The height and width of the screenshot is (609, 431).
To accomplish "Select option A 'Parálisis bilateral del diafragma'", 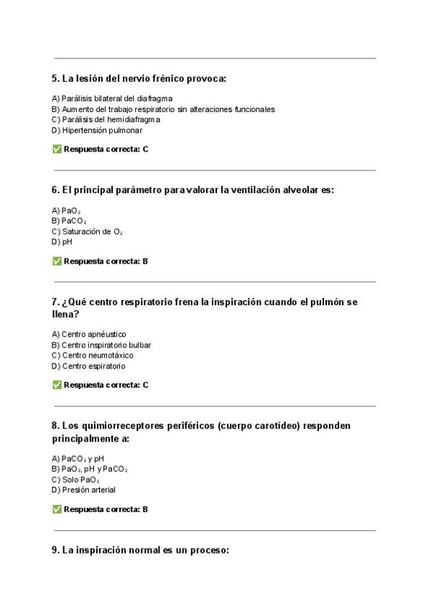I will [x=112, y=98].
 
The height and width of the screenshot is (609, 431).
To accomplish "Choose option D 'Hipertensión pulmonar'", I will [x=97, y=130].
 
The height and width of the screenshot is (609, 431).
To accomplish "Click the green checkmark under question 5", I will [x=57, y=149].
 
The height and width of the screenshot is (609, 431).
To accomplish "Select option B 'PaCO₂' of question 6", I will [x=69, y=221].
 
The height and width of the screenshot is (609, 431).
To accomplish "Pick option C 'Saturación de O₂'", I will [x=87, y=232].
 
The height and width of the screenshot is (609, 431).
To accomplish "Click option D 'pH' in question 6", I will [x=62, y=242].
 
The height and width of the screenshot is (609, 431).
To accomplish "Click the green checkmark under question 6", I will [x=57, y=261].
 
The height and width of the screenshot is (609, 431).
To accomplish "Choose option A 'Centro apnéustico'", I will [x=89, y=334].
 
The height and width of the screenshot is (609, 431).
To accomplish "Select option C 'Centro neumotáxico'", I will [x=92, y=355].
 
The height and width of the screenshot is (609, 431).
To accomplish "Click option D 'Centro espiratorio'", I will [x=88, y=366].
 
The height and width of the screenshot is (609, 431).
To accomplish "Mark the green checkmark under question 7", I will [x=57, y=385].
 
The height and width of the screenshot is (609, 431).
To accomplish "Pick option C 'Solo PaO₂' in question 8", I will [x=75, y=480].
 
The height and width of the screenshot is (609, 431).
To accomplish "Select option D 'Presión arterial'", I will [x=83, y=490].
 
